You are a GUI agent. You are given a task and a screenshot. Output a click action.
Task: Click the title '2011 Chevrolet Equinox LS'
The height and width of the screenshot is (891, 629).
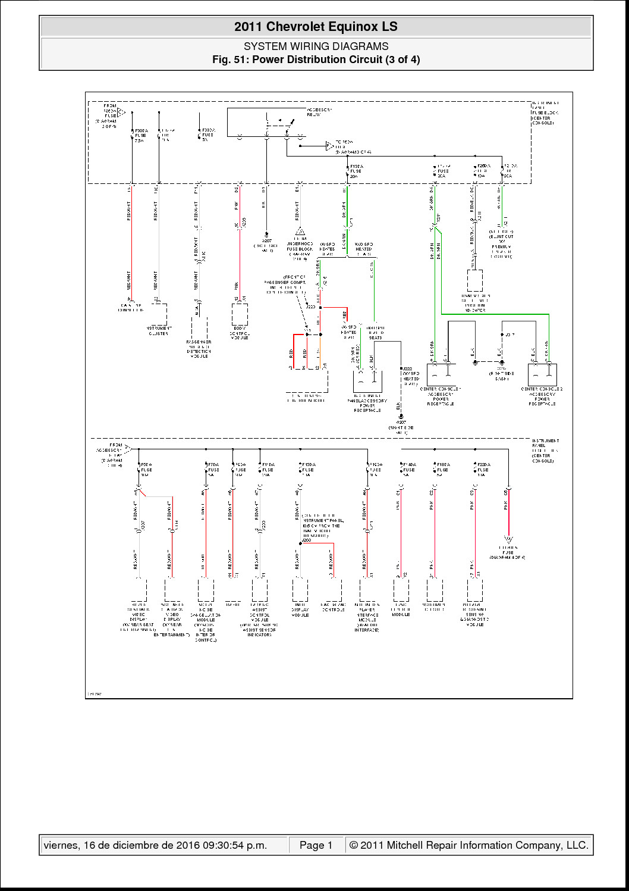pyautogui.click(x=316, y=27)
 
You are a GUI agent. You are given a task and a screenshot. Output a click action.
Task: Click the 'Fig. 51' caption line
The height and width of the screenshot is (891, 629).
pyautogui.click(x=316, y=60)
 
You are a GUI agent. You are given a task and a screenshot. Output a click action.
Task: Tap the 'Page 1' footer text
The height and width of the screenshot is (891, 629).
pyautogui.click(x=316, y=845)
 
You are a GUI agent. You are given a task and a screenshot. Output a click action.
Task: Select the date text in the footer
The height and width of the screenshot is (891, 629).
pyautogui.click(x=155, y=845)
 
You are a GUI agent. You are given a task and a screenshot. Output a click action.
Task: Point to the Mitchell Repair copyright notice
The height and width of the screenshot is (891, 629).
pyautogui.click(x=468, y=845)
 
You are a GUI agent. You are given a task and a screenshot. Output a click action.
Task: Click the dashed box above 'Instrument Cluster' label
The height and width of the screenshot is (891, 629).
pyautogui.click(x=159, y=314)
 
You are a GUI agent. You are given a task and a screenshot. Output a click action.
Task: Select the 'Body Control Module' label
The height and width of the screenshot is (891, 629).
pyautogui.click(x=240, y=333)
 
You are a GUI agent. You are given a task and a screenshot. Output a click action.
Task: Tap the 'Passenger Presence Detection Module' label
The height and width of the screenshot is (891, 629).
pyautogui.click(x=199, y=349)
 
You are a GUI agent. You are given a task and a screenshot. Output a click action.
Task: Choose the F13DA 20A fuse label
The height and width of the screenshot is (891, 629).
pyautogui.click(x=356, y=171)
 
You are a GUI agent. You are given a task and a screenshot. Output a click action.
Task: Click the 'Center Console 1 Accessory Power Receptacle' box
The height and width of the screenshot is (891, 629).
pyautogui.click(x=441, y=375)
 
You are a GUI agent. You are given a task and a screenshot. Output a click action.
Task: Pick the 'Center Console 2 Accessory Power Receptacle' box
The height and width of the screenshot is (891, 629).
pyautogui.click(x=542, y=375)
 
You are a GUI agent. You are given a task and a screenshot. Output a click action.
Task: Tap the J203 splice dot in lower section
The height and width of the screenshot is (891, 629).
pyautogui.click(x=300, y=543)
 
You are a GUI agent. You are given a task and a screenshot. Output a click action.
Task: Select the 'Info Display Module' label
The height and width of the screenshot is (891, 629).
pyautogui.click(x=300, y=609)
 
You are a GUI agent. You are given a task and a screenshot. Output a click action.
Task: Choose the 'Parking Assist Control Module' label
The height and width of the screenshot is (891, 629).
pyautogui.click(x=259, y=620)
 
